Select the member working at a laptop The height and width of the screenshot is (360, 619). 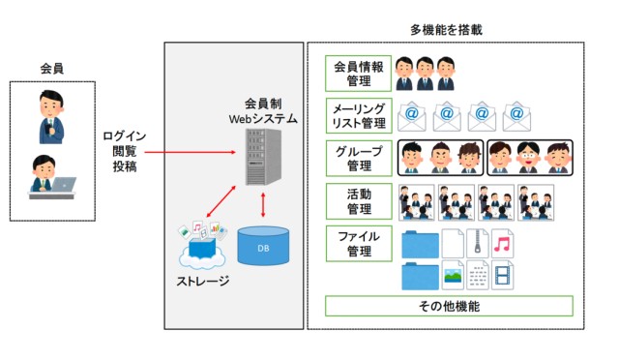tap(48, 177)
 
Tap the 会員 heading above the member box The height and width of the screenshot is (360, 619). tap(52, 70)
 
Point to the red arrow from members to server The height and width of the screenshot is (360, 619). tap(193, 152)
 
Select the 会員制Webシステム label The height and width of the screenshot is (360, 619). tap(262, 111)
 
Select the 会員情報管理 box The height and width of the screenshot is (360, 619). tap(359, 74)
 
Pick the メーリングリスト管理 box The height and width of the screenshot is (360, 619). tap(359, 115)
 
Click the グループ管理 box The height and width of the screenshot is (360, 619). tap(359, 158)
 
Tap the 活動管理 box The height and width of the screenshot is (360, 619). tap(359, 200)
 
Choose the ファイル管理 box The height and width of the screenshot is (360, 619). tap(359, 244)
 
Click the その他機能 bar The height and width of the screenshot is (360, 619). tap(448, 307)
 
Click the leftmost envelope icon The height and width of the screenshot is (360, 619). tap(412, 116)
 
